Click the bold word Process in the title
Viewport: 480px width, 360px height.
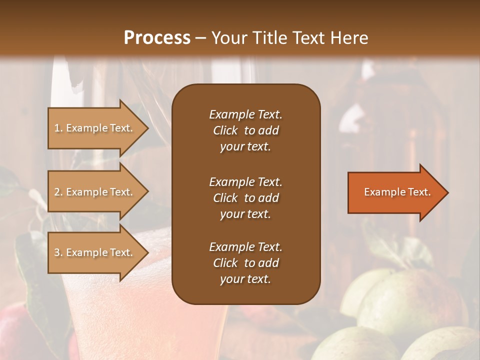[157, 38]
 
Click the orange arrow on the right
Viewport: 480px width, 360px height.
[395, 192]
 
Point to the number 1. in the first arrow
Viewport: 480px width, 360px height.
[58, 128]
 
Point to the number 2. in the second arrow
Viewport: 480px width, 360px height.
[58, 192]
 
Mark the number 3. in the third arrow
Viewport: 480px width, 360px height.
[58, 252]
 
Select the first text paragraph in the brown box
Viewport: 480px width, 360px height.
[245, 130]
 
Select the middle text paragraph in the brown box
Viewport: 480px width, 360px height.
[245, 197]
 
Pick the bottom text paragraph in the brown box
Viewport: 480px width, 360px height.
[245, 263]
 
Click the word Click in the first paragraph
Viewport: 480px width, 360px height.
[225, 130]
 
